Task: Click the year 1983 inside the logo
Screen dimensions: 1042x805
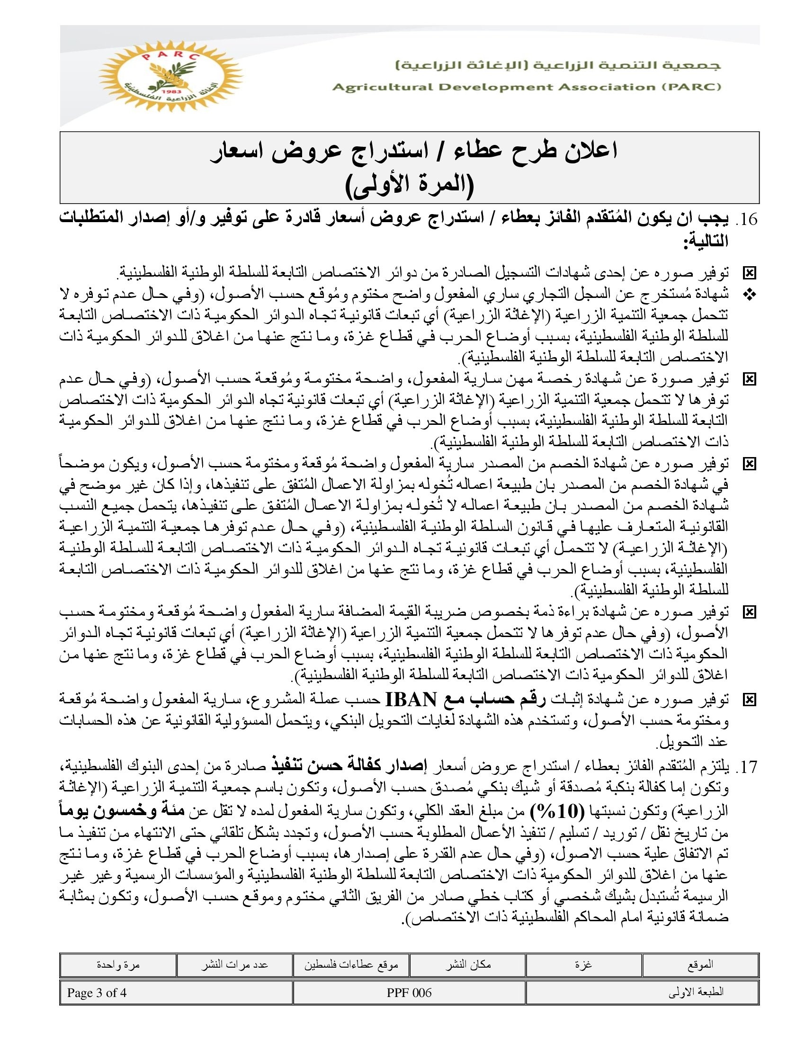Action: pos(170,91)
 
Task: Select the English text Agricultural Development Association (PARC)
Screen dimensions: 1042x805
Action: pos(527,87)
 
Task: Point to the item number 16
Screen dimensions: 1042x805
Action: pos(747,219)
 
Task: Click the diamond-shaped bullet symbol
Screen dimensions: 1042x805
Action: pos(750,296)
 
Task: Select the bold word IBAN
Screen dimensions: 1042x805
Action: pos(411,700)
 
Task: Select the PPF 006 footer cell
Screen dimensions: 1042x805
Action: pos(409,992)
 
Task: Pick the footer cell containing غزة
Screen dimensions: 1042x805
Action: pos(584,965)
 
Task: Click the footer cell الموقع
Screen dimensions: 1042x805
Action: pos(700,965)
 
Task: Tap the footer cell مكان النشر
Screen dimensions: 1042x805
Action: pos(468,965)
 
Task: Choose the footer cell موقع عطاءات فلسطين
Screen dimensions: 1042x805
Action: pos(351,965)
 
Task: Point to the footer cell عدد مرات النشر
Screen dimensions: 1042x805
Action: pos(234,965)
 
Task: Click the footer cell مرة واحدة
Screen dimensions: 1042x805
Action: pos(118,965)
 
